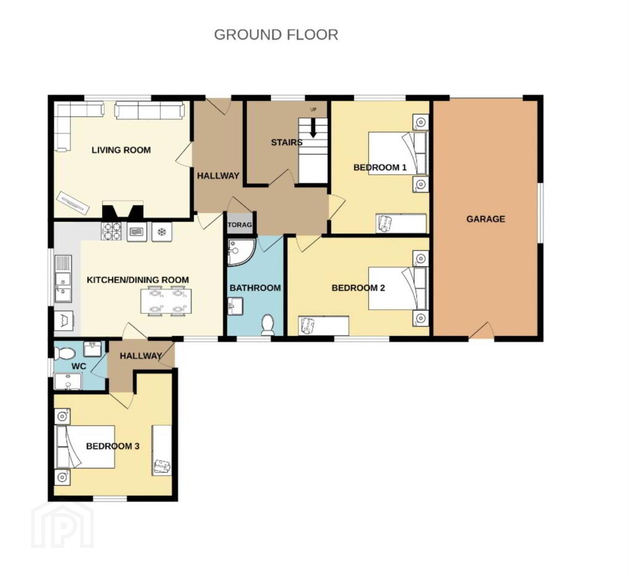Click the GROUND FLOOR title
(276, 35)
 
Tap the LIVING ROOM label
(121, 150)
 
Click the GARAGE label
(485, 219)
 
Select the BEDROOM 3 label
(113, 446)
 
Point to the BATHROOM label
(255, 288)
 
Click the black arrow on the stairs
(313, 128)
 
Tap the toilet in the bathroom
(268, 324)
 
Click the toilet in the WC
(64, 353)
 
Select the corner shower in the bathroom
(241, 253)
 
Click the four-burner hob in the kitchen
(112, 232)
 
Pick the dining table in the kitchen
(166, 301)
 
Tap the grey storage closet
(240, 225)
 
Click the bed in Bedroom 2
(397, 288)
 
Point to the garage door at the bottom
(482, 331)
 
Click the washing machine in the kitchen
(64, 321)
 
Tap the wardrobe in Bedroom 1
(401, 224)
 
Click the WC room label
(79, 367)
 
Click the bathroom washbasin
(235, 306)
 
